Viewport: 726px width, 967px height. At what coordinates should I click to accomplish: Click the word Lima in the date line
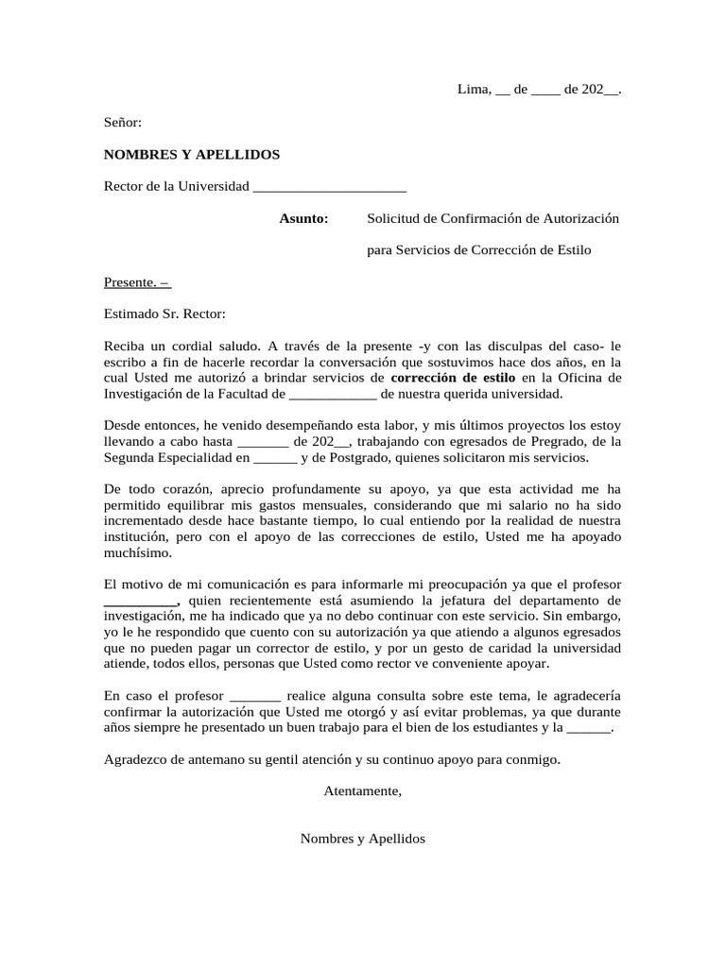[473, 90]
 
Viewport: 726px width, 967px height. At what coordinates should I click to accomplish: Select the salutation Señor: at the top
[122, 122]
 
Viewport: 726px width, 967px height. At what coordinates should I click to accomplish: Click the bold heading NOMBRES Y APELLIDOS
[192, 154]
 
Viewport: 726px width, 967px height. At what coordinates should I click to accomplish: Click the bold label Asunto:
[303, 218]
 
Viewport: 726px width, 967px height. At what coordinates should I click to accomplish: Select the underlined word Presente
[129, 281]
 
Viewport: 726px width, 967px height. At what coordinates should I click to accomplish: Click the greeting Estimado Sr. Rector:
[165, 314]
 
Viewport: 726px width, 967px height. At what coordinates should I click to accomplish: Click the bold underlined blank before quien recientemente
[140, 601]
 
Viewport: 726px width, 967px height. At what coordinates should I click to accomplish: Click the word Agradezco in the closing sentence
[138, 759]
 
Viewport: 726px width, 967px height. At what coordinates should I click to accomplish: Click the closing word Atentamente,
[362, 790]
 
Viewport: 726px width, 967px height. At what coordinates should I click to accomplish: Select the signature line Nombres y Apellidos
[363, 838]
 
